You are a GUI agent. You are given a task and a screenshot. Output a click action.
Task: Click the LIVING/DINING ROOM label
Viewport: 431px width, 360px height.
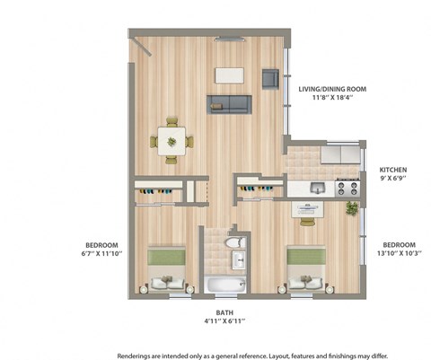[x=338, y=90]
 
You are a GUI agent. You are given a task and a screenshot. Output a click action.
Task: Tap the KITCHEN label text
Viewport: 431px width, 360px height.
[x=395, y=170]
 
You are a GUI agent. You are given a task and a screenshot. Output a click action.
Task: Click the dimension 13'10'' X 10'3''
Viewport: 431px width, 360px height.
[x=399, y=254]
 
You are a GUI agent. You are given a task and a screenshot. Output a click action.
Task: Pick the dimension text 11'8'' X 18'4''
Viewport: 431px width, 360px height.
[x=338, y=100]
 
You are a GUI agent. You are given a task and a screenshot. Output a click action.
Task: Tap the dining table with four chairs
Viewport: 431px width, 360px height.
[x=171, y=139]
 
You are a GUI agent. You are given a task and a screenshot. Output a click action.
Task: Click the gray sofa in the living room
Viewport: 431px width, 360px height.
[x=228, y=103]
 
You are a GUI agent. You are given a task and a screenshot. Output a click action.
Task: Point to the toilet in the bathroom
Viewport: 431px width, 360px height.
[x=234, y=243]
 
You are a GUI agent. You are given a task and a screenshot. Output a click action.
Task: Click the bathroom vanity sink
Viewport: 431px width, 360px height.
[x=238, y=261]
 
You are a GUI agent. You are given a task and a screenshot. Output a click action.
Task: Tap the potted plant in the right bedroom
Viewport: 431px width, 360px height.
[x=351, y=209]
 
